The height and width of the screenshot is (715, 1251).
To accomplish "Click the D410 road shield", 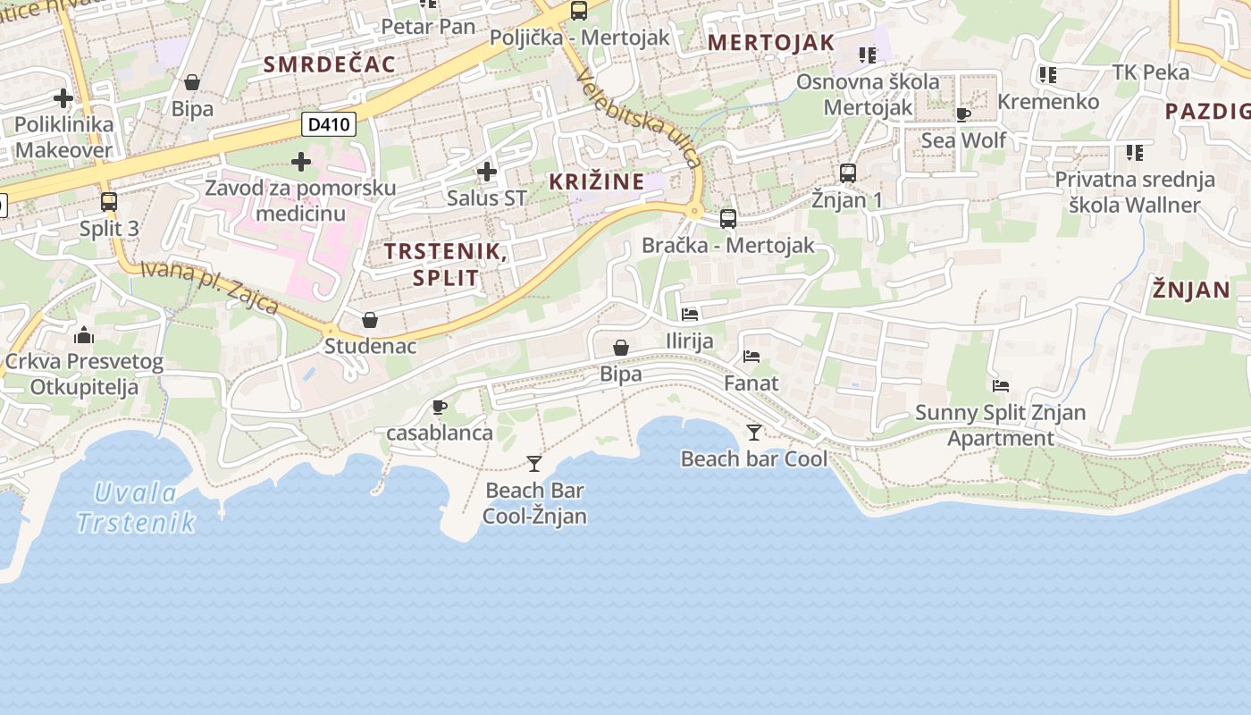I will click(329, 124).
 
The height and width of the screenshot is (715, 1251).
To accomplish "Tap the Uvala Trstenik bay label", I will click(136, 507).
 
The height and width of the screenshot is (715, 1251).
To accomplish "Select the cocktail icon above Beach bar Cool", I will click(754, 433).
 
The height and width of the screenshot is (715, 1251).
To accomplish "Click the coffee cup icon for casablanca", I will click(439, 408).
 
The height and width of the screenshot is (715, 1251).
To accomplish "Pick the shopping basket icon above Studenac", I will click(370, 320).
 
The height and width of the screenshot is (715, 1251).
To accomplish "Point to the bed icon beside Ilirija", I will click(690, 315).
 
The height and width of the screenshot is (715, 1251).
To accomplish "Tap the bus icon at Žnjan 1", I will click(847, 173).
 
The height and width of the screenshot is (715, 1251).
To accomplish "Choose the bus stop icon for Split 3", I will click(109, 202).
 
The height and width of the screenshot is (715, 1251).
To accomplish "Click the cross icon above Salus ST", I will click(486, 171).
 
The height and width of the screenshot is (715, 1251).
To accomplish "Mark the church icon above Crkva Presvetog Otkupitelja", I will click(84, 336).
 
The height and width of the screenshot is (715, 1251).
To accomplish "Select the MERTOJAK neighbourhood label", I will click(770, 42).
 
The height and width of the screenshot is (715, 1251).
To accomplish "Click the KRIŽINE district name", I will click(596, 181).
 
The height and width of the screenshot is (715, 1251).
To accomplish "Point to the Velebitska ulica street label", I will click(640, 118).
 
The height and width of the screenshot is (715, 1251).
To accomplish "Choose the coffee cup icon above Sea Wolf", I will click(962, 114).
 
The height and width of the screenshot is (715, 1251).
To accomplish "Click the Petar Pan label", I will click(428, 27).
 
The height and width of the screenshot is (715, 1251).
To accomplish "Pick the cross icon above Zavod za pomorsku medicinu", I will click(301, 162).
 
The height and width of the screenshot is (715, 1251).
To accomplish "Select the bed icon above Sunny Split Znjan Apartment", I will click(1001, 386).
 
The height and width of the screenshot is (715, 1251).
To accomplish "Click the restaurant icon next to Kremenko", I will click(1048, 75).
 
